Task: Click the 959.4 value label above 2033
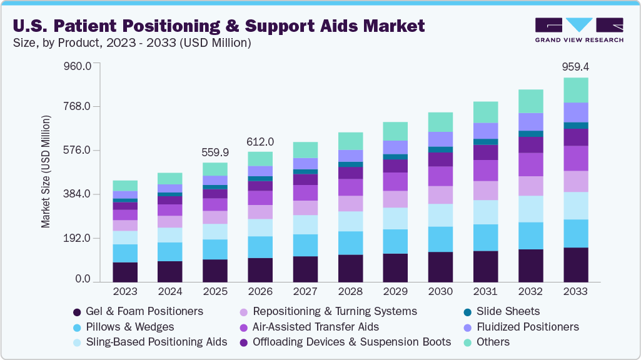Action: coord(575,66)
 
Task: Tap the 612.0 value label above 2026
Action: coord(260,142)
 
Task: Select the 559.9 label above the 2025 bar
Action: coord(215,152)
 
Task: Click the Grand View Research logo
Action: coord(579,29)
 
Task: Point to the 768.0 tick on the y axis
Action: coord(78,106)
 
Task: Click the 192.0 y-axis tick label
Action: coord(78,238)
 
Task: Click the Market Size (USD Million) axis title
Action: coord(46,171)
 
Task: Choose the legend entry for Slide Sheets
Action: coord(508,311)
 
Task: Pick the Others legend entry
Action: coord(493,342)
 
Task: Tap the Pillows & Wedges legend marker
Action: coord(77,327)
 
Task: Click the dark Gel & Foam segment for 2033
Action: coord(575,265)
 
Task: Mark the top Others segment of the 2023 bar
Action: coord(125,186)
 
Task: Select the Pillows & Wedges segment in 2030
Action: coord(440,239)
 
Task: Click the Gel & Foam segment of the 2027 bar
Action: coord(305,269)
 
